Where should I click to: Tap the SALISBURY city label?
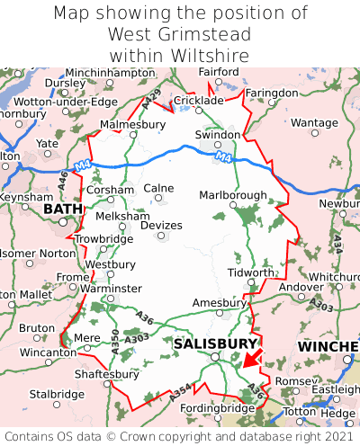215,343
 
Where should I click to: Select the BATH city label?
62,210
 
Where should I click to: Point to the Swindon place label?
218,135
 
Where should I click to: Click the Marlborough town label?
232,195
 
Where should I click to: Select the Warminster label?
112,289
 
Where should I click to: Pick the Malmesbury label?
133,124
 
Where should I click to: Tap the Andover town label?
299,287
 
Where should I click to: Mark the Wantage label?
314,122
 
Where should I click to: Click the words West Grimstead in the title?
179,34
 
